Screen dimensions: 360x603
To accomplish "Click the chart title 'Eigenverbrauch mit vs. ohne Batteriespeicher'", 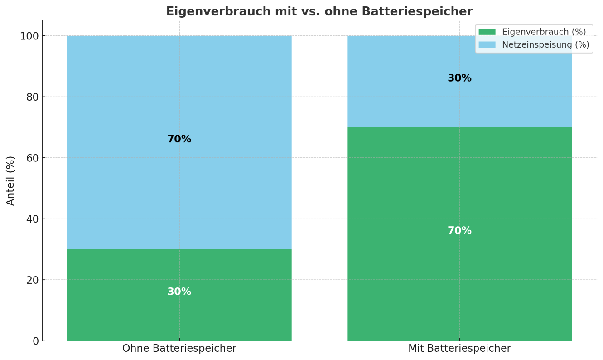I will pyautogui.click(x=319, y=11).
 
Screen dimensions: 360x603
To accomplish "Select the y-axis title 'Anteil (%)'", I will pyautogui.click(x=10, y=180).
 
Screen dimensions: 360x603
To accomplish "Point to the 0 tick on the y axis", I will pyautogui.click(x=35, y=341).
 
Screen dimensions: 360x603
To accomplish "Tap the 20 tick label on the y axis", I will pyautogui.click(x=33, y=280).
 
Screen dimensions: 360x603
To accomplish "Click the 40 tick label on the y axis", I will pyautogui.click(x=33, y=219).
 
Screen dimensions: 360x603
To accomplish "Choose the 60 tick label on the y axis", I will pyautogui.click(x=33, y=158).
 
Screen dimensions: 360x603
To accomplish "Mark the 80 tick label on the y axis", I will pyautogui.click(x=33, y=97).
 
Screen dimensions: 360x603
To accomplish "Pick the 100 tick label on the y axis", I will pyautogui.click(x=29, y=36).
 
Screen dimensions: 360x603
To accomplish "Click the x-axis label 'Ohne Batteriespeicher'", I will pyautogui.click(x=179, y=349).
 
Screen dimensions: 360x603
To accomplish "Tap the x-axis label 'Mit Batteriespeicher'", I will pyautogui.click(x=459, y=349).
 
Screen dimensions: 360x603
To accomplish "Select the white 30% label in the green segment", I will pyautogui.click(x=179, y=292).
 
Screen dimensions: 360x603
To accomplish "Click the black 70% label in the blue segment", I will pyautogui.click(x=179, y=140).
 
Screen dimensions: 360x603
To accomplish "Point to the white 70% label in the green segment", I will pyautogui.click(x=459, y=231).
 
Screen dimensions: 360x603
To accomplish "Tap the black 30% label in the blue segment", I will pyautogui.click(x=459, y=78).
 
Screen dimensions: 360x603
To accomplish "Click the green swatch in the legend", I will pyautogui.click(x=487, y=32).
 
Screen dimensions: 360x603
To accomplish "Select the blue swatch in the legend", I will pyautogui.click(x=487, y=44).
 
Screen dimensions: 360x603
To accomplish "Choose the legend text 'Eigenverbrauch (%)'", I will pyautogui.click(x=544, y=32).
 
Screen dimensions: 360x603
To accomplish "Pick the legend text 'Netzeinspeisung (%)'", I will pyautogui.click(x=545, y=44).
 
